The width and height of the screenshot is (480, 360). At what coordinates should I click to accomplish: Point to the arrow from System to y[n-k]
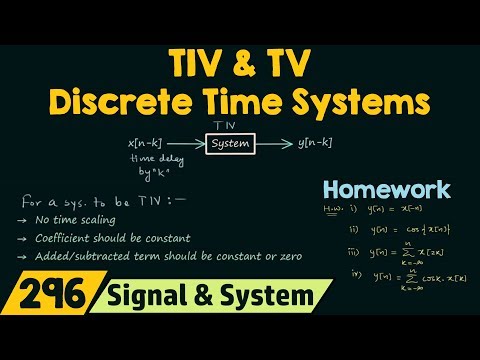pyautogui.click(x=274, y=144)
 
